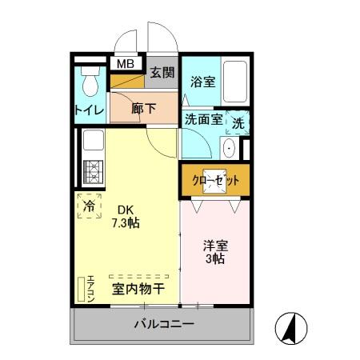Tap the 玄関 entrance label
pyautogui.click(x=162, y=73)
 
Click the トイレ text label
pyautogui.click(x=89, y=110)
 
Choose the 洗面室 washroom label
pyautogui.click(x=203, y=120)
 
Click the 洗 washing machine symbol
pyautogui.click(x=238, y=123)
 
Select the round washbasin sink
pyautogui.click(x=230, y=147)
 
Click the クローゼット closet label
pyautogui.click(x=215, y=181)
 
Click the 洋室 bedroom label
pyautogui.click(x=214, y=245)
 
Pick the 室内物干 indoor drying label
pyautogui.click(x=138, y=288)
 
